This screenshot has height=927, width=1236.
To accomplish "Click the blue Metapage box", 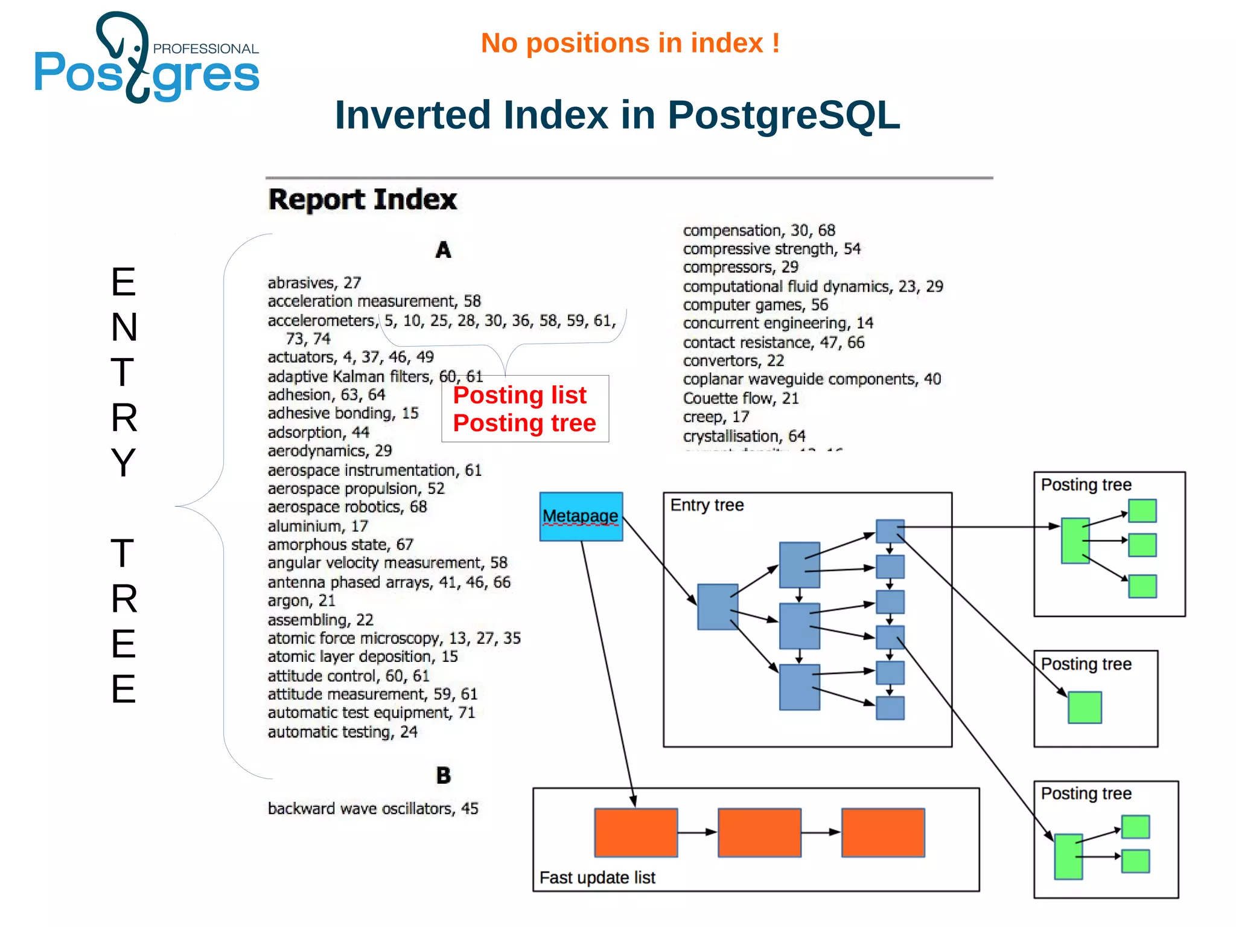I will pyautogui.click(x=581, y=516).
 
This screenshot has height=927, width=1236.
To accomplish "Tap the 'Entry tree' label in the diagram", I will pyautogui.click(x=707, y=505).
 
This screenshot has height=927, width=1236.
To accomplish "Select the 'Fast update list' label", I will pyautogui.click(x=597, y=877).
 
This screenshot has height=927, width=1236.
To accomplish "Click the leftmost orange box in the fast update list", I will pyautogui.click(x=636, y=832).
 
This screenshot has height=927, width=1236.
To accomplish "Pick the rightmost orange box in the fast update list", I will pyautogui.click(x=883, y=832).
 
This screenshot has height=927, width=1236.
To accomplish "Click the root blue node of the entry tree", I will pyautogui.click(x=718, y=606).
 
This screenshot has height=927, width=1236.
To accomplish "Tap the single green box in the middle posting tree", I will pyautogui.click(x=1085, y=707).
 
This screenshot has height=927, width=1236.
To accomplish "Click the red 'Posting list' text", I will pyautogui.click(x=520, y=396).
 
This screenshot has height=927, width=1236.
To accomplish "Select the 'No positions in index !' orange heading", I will pyautogui.click(x=630, y=43).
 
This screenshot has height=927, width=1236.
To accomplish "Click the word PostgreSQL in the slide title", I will pyautogui.click(x=783, y=115).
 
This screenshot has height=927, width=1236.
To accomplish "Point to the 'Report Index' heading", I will pyautogui.click(x=362, y=199).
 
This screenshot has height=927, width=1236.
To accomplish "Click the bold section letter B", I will pyautogui.click(x=444, y=775).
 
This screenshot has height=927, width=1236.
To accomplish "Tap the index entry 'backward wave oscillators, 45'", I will pyautogui.click(x=373, y=809).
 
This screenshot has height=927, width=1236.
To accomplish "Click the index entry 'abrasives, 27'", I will pyautogui.click(x=314, y=283).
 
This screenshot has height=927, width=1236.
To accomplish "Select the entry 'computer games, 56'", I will pyautogui.click(x=755, y=305).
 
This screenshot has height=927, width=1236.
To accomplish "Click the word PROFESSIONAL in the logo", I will pyautogui.click(x=206, y=49).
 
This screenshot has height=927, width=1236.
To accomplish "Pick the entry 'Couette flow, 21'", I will pyautogui.click(x=741, y=399).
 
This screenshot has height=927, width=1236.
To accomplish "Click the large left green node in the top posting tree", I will pyautogui.click(x=1075, y=540).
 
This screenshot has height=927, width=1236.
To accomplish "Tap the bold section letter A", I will pyautogui.click(x=444, y=250).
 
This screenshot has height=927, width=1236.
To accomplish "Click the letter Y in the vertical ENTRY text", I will pyautogui.click(x=124, y=463).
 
